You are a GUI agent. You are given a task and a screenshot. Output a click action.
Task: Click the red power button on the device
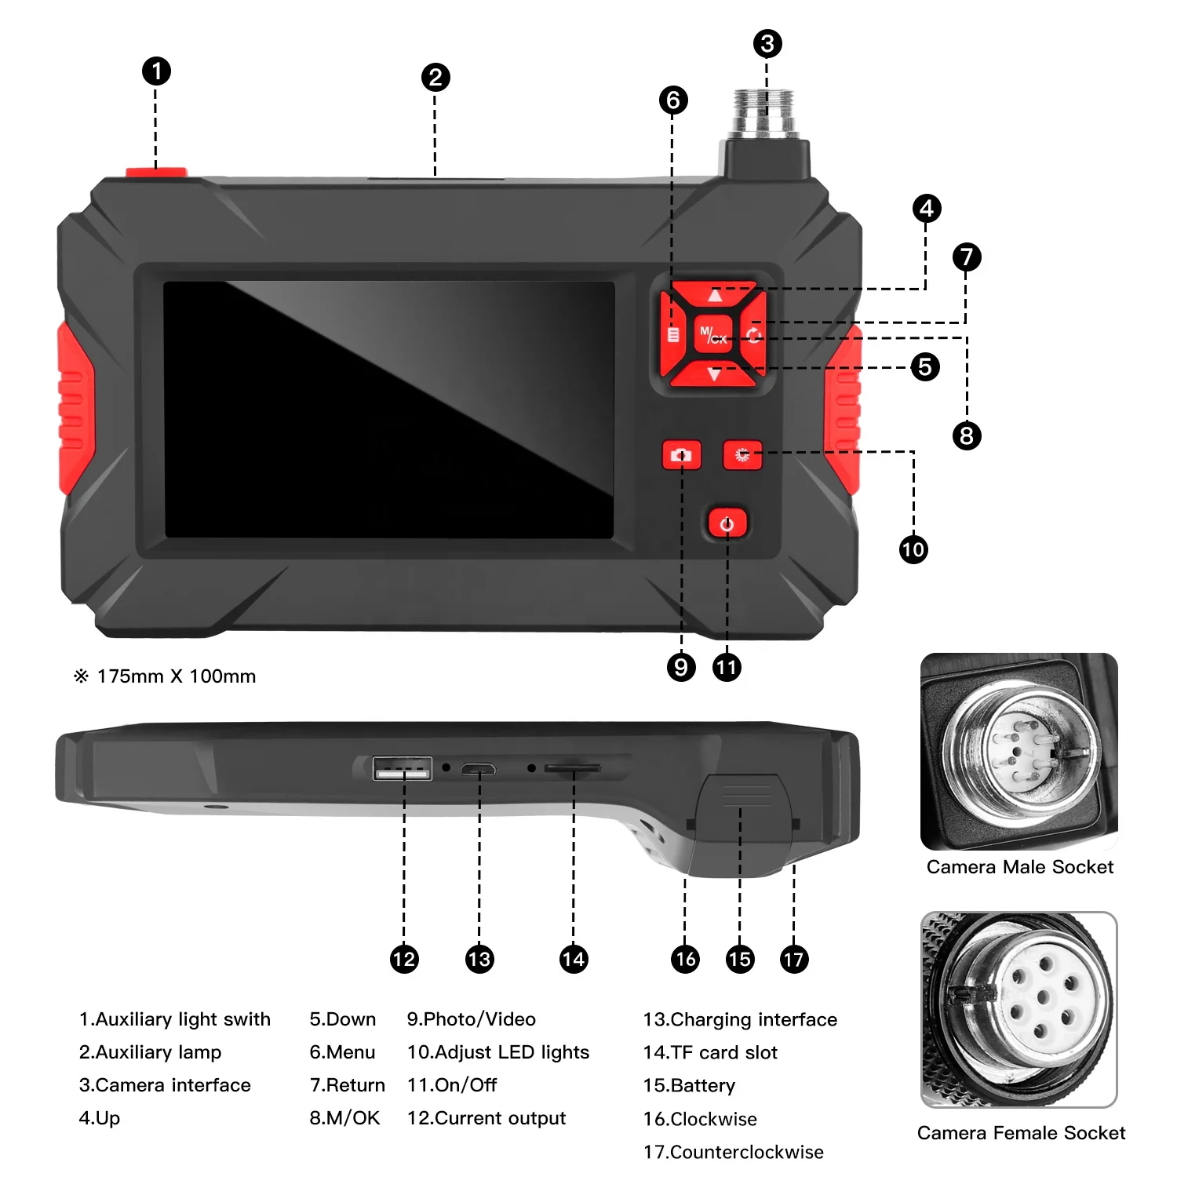click(x=727, y=523)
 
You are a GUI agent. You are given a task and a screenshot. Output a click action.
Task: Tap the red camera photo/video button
click(x=681, y=455)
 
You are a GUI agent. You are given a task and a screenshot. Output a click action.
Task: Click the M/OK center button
click(x=713, y=336)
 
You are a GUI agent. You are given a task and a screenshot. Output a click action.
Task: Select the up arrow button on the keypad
click(x=714, y=295)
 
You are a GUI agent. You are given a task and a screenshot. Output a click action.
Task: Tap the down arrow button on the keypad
click(x=714, y=375)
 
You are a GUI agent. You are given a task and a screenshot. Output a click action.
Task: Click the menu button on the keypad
click(x=673, y=335)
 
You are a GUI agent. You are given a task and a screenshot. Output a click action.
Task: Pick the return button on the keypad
click(x=754, y=335)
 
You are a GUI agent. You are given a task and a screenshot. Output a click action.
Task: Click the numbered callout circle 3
click(x=767, y=44)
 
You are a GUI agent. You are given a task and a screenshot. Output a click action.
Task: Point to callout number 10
click(x=913, y=549)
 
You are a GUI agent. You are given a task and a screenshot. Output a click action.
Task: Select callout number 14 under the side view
click(x=574, y=959)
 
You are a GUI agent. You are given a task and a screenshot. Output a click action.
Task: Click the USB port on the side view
click(x=403, y=768)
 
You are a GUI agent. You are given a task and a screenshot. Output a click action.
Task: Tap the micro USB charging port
click(x=478, y=769)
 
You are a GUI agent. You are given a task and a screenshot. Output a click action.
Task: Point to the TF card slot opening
click(x=573, y=769)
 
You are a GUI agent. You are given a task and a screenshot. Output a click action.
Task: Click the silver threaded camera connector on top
click(x=763, y=113)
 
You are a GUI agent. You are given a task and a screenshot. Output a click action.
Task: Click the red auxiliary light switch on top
click(x=156, y=173)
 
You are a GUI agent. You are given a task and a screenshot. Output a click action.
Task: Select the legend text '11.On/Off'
click(x=452, y=1085)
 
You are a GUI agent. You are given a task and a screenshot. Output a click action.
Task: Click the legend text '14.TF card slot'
click(x=710, y=1052)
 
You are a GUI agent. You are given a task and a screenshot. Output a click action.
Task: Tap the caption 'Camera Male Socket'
click(x=1019, y=867)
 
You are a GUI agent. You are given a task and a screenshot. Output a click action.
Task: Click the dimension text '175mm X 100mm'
click(x=176, y=676)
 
